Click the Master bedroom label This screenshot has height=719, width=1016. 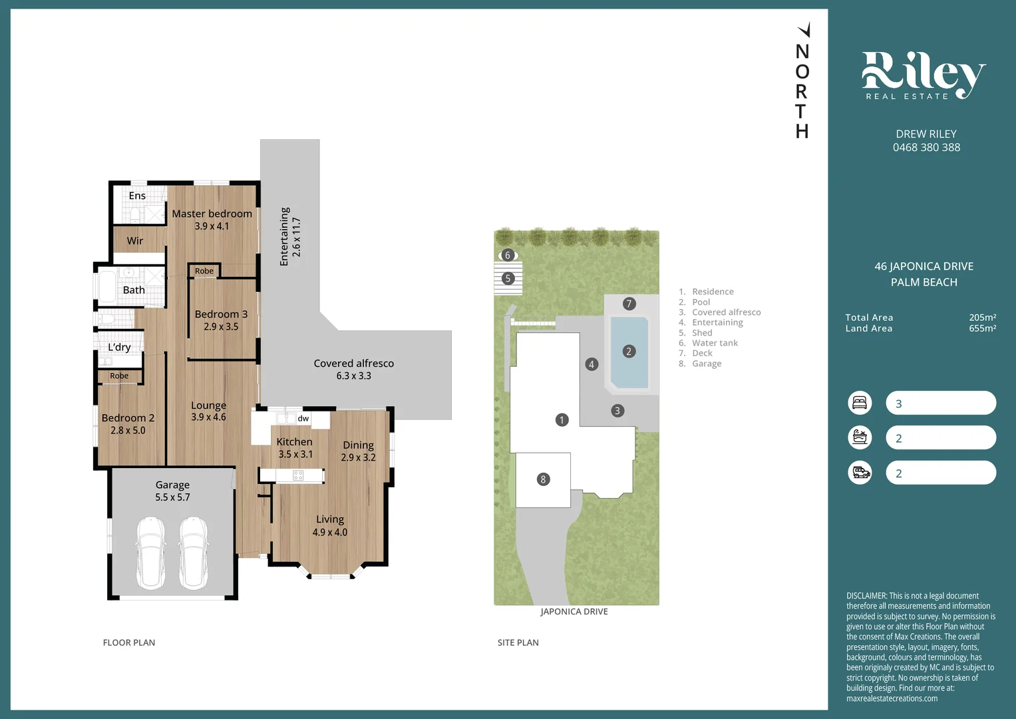212,214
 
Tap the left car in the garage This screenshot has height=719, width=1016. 151,552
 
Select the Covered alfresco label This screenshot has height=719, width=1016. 353,363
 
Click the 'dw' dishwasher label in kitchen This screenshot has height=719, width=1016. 303,419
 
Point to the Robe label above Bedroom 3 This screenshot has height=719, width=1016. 204,271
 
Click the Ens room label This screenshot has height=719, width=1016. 137,196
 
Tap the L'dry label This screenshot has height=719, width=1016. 120,347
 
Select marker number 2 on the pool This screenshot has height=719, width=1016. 628,352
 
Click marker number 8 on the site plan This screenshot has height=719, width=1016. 543,479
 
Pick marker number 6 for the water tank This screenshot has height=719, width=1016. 508,255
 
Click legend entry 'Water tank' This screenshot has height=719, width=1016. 715,343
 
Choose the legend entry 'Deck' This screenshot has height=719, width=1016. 702,354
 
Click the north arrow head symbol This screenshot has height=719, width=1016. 804,30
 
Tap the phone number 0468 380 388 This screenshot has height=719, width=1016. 926,148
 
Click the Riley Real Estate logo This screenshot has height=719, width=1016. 923,76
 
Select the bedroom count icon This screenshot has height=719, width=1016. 860,403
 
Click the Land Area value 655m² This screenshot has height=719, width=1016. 982,328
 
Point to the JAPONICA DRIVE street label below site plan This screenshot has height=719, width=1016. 574,612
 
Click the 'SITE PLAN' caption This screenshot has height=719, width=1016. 518,642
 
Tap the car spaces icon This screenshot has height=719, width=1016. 860,473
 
